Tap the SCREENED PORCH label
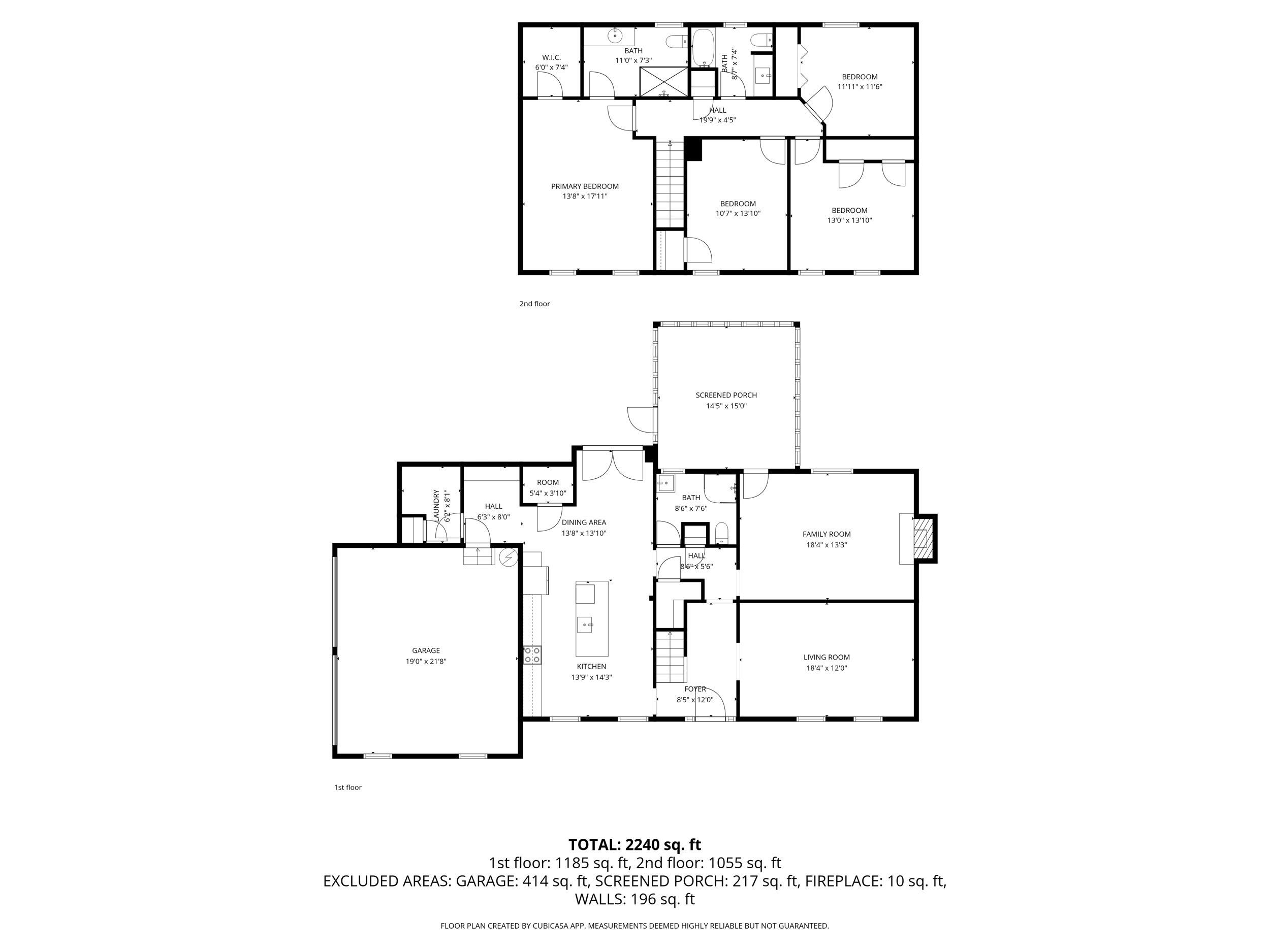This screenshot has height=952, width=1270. [726, 395]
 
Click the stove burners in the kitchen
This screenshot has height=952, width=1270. [532, 655]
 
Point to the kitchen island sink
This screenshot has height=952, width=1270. [585, 624]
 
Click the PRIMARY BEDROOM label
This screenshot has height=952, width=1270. [585, 186]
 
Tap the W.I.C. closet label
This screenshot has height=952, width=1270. [551, 57]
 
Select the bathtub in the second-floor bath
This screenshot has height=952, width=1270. [702, 48]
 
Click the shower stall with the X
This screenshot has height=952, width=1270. [664, 81]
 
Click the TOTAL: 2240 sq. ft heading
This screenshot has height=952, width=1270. [634, 845]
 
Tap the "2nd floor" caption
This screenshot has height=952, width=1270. [534, 304]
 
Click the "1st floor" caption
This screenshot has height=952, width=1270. [348, 787]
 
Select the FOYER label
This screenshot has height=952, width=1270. [695, 688]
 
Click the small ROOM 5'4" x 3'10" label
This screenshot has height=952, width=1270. [547, 487]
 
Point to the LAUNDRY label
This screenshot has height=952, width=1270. [436, 505]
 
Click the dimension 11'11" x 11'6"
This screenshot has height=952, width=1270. [860, 87]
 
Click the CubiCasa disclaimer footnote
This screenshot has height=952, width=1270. [634, 926]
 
